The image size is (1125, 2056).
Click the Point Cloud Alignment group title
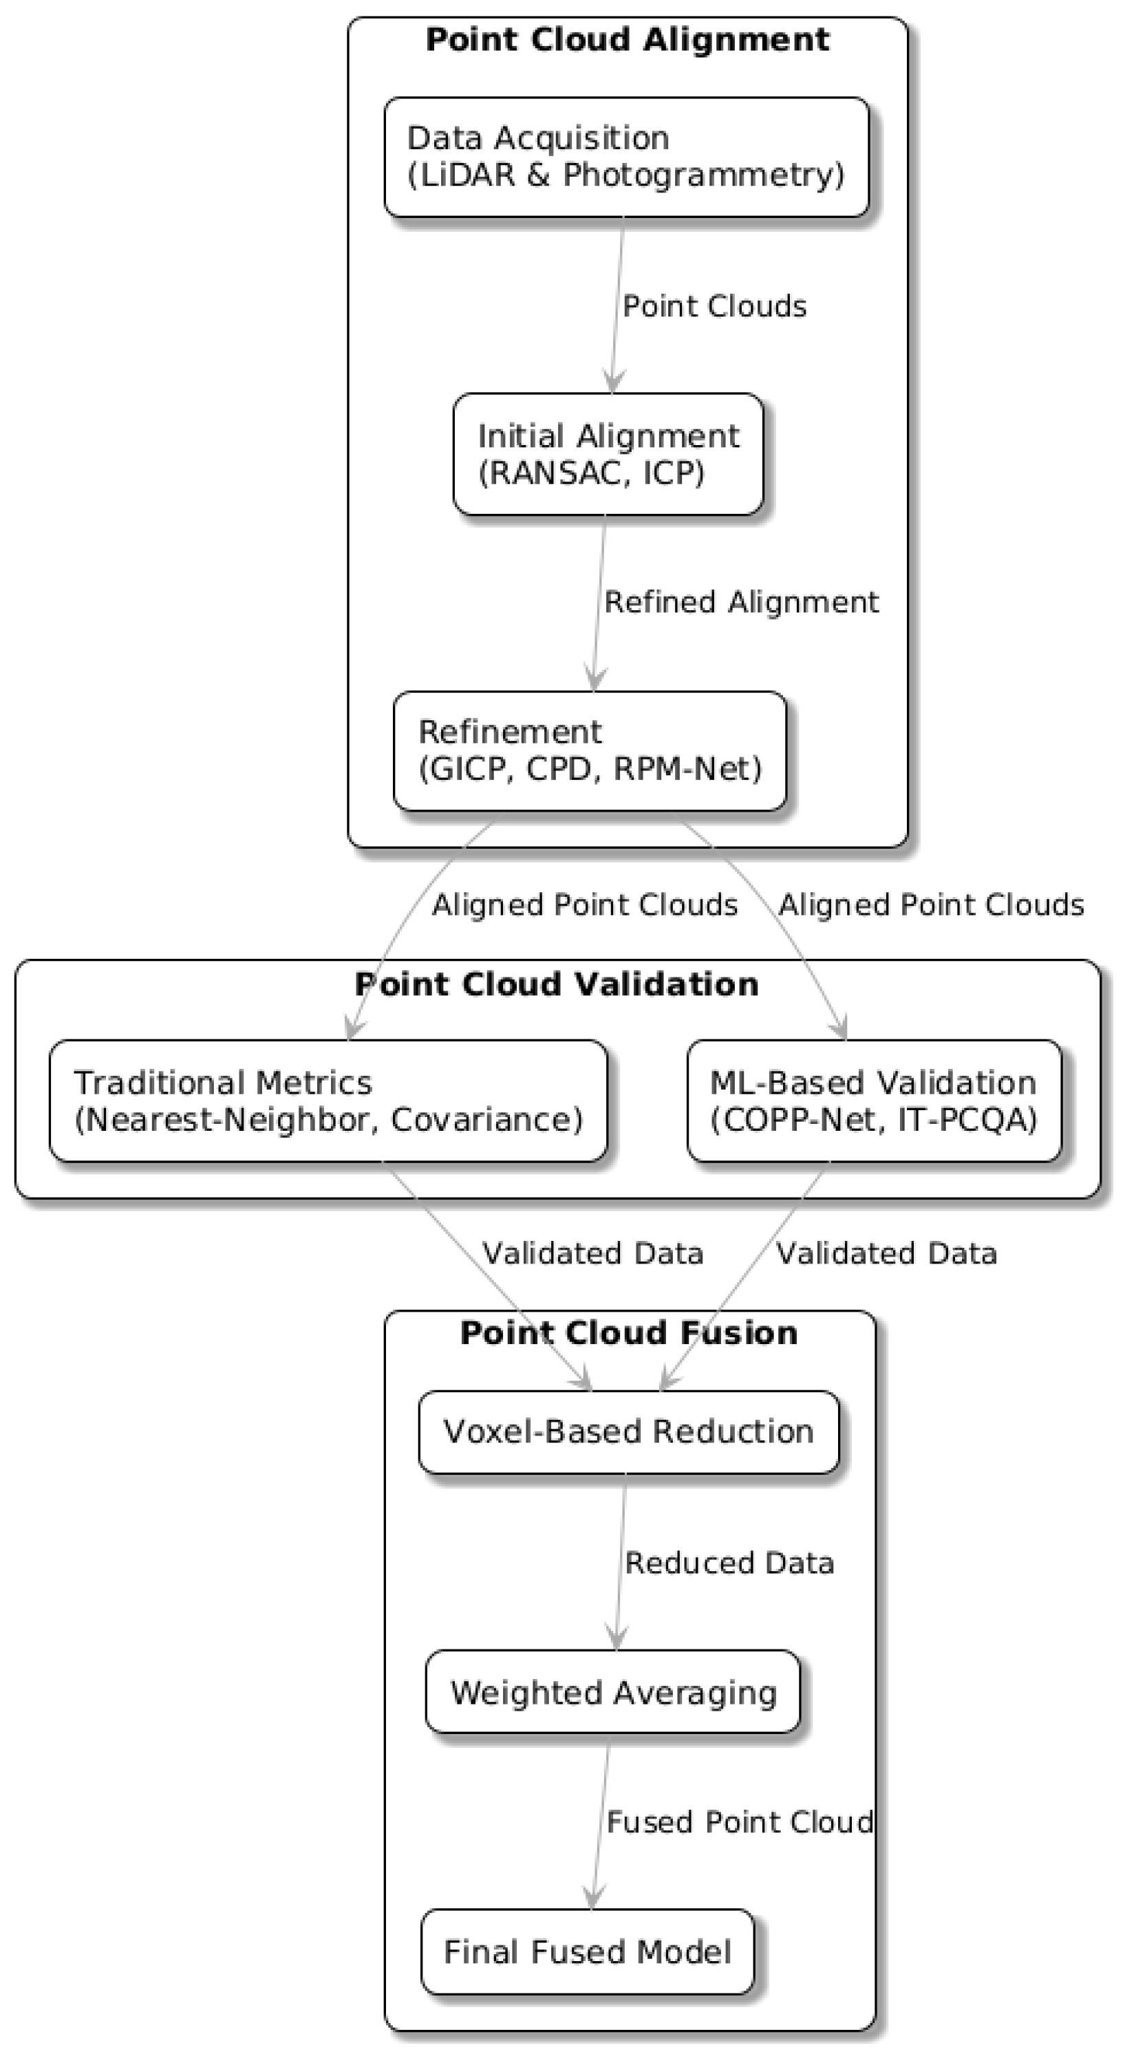[628, 40]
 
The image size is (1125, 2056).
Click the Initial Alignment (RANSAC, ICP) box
[608, 454]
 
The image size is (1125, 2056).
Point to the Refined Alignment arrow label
[741, 602]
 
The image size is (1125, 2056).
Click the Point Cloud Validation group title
[557, 984]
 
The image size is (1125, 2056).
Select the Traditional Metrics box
[328, 1101]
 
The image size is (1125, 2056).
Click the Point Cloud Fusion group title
[629, 1333]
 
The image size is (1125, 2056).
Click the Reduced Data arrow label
[729, 1563]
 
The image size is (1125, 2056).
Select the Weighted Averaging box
[612, 1692]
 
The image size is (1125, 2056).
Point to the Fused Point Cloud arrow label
[740, 1822]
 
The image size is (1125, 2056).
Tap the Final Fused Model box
[587, 1951]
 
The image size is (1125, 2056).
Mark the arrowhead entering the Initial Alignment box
[612, 382]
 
